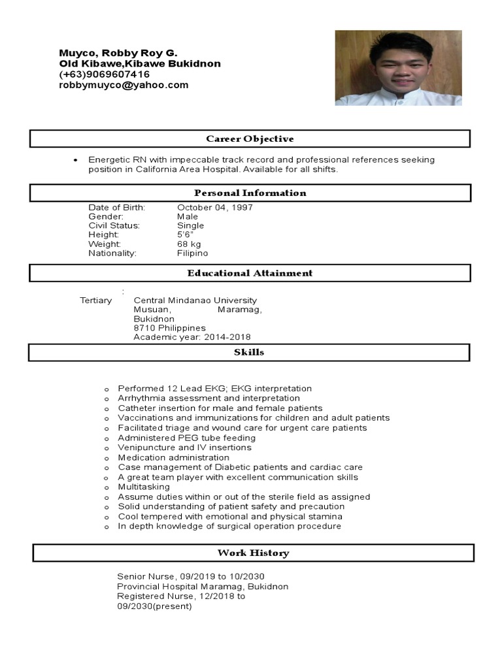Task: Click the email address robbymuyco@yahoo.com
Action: click(124, 85)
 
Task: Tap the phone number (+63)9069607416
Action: click(104, 74)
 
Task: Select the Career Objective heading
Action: click(250, 139)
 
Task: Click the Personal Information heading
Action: click(250, 193)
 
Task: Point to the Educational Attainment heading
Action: click(250, 273)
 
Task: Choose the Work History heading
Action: click(253, 553)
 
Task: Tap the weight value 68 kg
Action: click(189, 244)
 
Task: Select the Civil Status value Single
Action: click(191, 225)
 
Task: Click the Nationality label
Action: click(112, 253)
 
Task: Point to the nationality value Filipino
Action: click(192, 253)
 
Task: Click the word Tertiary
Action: click(96, 301)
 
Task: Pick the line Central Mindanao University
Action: click(195, 301)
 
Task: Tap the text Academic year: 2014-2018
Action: click(192, 337)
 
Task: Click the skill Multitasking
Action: click(144, 487)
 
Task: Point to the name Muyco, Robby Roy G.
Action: click(118, 53)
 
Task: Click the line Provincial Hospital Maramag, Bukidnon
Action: click(202, 587)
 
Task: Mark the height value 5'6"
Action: click(185, 235)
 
